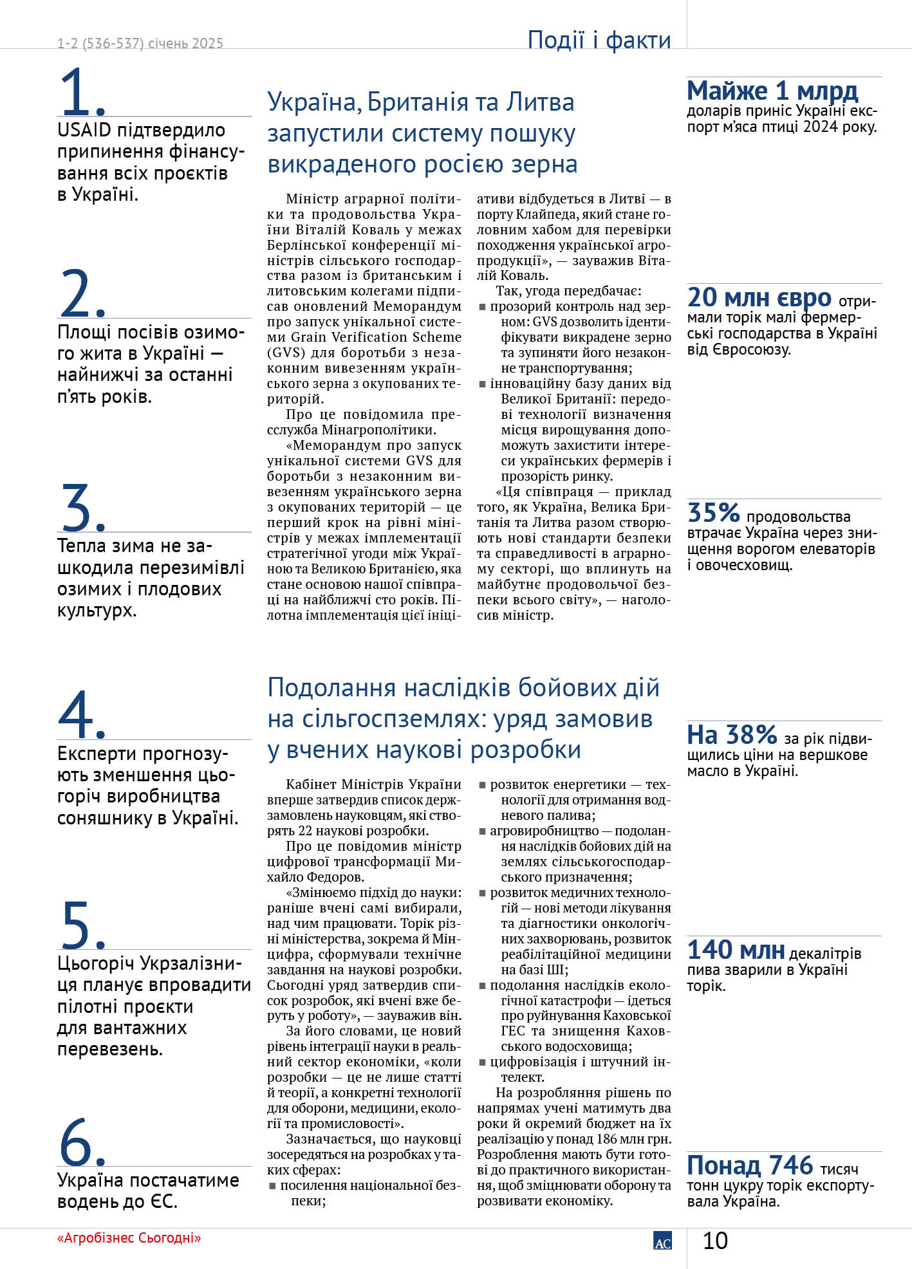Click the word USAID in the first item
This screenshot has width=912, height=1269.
(84, 130)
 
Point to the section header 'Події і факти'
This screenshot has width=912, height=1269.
(599, 40)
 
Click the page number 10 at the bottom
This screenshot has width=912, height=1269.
(714, 1241)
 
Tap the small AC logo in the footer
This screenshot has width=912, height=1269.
(662, 1241)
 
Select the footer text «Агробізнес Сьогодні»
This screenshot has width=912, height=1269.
(129, 1237)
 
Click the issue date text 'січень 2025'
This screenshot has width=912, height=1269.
(185, 44)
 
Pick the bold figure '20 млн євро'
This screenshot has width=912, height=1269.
(759, 297)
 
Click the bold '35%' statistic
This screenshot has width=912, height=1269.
(714, 513)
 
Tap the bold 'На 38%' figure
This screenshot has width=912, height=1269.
(732, 734)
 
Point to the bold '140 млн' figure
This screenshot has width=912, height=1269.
(736, 950)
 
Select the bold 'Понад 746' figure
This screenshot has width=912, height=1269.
(750, 1165)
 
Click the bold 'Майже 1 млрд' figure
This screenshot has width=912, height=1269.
(772, 91)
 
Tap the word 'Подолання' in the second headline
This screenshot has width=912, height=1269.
(331, 688)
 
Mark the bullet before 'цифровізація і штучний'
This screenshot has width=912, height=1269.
(482, 1062)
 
